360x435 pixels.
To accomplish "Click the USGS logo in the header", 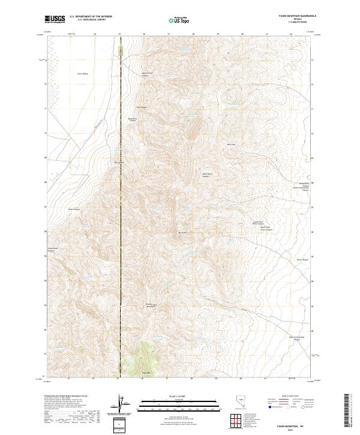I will coord(55,20).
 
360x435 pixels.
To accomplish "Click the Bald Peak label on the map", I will coord(231,144).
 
